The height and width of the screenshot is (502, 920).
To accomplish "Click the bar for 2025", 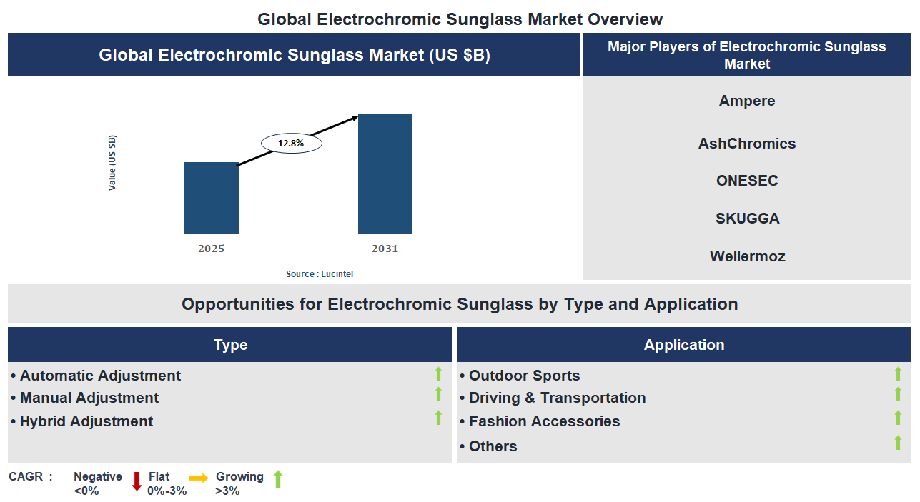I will (x=211, y=198).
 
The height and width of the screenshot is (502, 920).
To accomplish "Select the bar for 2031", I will (x=385, y=174).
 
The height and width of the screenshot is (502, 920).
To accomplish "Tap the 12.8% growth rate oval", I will (x=291, y=144).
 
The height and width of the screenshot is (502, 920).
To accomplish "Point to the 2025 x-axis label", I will (x=211, y=249).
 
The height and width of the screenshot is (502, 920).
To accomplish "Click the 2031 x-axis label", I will (x=385, y=249).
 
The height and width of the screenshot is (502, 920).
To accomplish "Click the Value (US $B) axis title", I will (x=112, y=162).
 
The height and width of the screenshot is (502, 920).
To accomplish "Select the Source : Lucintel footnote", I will (x=320, y=274).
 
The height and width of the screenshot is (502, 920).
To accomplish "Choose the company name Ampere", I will (x=746, y=101).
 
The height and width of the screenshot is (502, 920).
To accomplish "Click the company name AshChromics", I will (x=746, y=144).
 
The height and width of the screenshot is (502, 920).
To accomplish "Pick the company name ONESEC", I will (x=746, y=181).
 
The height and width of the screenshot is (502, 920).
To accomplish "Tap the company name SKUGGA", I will (x=747, y=219).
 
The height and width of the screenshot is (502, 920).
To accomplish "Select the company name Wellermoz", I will (x=747, y=256).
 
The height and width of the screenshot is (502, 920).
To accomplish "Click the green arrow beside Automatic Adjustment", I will (x=438, y=373).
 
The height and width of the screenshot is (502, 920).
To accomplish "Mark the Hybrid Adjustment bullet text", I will (x=86, y=421).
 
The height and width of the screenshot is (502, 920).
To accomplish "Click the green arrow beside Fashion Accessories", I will (x=898, y=418).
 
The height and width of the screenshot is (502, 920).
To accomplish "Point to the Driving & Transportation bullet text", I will (x=557, y=398).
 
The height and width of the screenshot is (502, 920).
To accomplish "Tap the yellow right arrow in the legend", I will (x=199, y=478).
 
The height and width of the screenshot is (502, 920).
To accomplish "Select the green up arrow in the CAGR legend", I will (x=278, y=479).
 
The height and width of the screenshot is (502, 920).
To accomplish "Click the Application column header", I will (x=683, y=345).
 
